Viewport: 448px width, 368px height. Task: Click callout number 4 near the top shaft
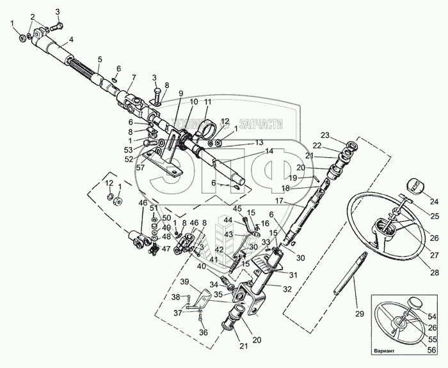[71, 40]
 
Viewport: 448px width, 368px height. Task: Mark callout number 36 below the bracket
[204, 332]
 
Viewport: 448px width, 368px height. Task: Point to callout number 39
[184, 281]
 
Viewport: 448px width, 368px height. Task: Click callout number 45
[237, 208]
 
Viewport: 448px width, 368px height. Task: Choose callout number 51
[153, 208]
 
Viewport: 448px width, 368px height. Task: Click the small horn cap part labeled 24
[414, 187]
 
